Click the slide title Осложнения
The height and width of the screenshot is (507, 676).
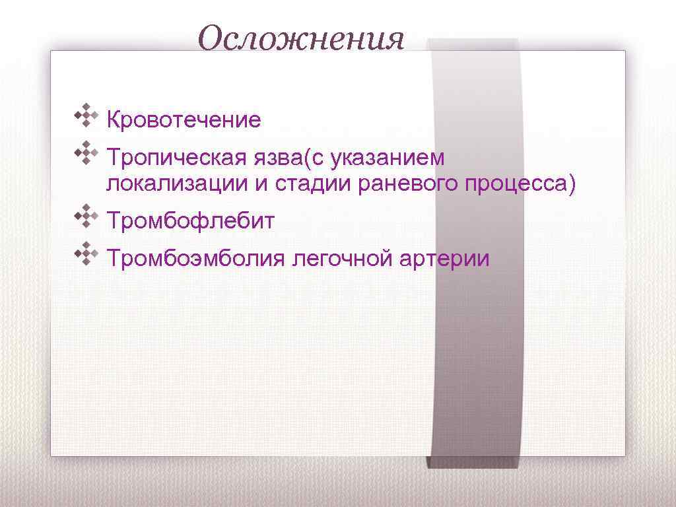point(301,38)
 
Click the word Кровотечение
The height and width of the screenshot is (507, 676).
point(184,120)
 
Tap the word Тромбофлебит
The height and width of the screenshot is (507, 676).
point(190,220)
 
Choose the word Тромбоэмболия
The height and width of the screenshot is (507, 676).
point(196,258)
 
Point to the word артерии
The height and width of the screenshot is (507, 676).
point(444,258)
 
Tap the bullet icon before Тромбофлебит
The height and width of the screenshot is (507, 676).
point(86,215)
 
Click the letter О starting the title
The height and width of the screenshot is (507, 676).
point(211,38)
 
